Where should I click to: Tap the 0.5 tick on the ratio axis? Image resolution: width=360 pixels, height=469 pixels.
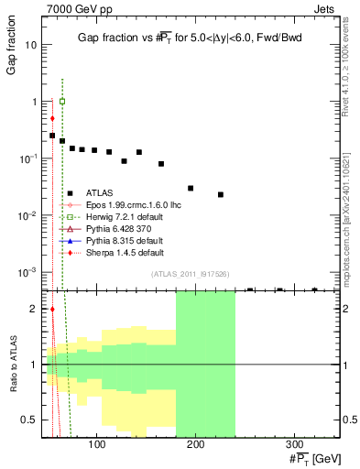coord(32,420)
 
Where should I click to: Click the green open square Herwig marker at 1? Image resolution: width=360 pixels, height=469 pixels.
coord(62,102)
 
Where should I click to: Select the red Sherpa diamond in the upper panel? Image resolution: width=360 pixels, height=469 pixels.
coord(52,118)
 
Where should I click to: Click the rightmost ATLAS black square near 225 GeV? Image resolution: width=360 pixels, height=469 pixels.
coord(221,194)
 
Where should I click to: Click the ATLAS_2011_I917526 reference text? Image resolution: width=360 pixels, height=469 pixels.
coord(191,274)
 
